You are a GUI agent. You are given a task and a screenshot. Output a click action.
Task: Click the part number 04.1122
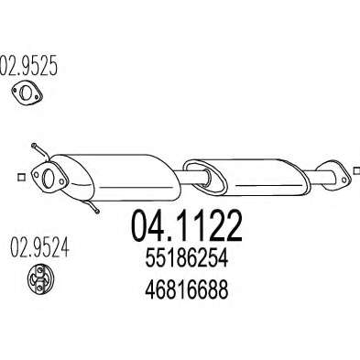(187, 226)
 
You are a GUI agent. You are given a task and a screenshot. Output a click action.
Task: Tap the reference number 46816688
(187, 289)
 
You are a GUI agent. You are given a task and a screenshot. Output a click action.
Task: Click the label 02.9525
(28, 65)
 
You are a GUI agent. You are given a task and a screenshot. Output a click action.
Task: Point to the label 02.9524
(40, 247)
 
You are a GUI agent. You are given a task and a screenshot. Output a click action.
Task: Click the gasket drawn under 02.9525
(27, 92)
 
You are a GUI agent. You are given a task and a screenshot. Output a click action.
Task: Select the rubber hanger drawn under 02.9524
(40, 278)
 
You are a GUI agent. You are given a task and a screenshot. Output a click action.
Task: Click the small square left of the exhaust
(21, 177)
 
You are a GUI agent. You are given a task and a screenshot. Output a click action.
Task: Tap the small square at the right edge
(356, 171)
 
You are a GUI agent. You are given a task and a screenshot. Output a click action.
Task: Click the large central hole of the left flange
(48, 179)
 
